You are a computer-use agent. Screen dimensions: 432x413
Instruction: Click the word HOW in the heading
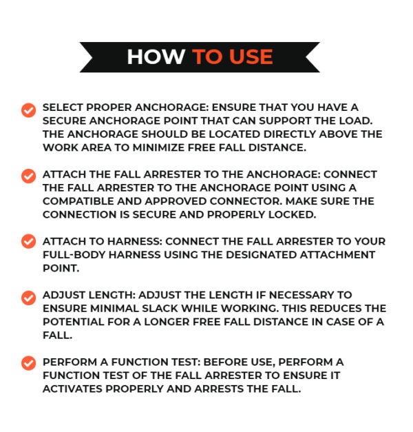(x=156, y=57)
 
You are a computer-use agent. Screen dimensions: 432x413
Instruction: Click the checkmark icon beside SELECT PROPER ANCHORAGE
(x=28, y=110)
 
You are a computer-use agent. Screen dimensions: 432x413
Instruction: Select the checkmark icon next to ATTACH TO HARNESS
(x=28, y=241)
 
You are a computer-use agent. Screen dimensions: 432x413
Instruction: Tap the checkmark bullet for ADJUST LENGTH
(x=28, y=298)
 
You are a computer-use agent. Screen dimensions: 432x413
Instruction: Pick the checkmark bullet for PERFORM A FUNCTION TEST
(x=28, y=362)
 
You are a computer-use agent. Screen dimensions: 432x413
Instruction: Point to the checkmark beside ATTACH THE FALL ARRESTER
(x=28, y=176)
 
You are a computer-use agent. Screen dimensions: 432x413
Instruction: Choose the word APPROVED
(x=184, y=200)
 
